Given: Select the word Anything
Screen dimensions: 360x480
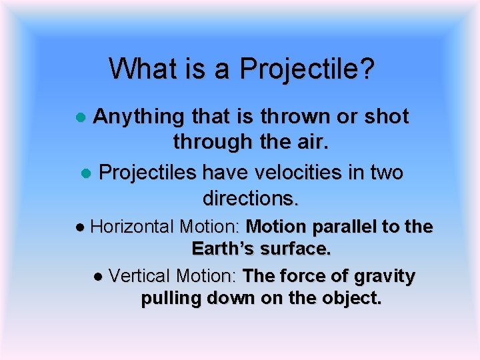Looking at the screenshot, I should [138, 117].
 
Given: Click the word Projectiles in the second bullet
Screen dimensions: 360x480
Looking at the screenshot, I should [147, 173].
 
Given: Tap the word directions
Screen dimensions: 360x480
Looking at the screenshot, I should [251, 198].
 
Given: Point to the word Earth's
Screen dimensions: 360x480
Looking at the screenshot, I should [223, 249].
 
